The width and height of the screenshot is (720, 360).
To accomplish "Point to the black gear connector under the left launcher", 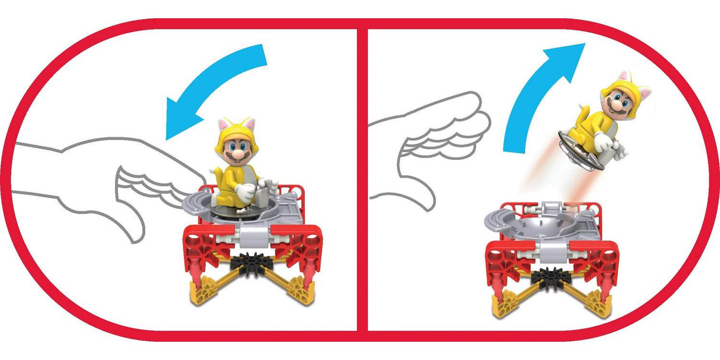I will click(x=249, y=263).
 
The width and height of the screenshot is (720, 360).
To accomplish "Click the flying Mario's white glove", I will click(x=603, y=140).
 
